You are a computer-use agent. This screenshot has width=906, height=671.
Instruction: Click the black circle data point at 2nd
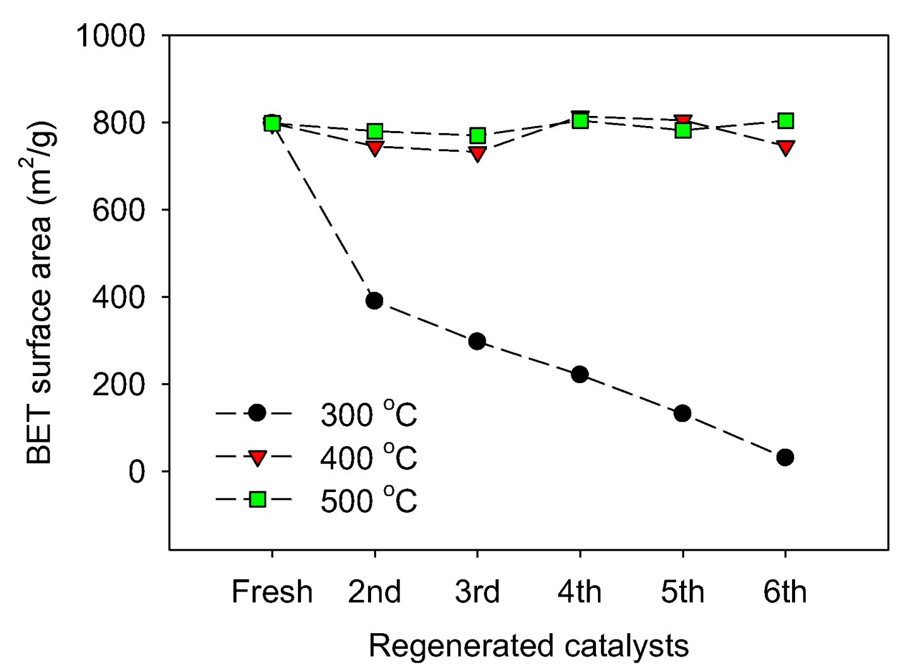tap(374, 301)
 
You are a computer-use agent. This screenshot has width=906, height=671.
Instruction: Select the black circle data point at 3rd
tap(477, 341)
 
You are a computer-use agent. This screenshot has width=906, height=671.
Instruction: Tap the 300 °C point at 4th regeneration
tap(580, 375)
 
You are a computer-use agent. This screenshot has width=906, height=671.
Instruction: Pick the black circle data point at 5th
tap(682, 414)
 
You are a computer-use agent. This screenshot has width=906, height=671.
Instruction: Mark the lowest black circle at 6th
tap(785, 457)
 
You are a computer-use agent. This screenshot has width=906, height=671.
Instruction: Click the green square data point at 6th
tap(785, 121)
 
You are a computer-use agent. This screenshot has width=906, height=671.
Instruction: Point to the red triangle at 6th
tap(785, 148)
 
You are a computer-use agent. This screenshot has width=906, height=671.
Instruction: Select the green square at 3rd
tap(477, 135)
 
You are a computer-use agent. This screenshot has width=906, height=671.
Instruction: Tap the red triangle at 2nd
tap(374, 149)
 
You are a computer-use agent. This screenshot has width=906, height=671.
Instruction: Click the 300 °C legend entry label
tap(369, 415)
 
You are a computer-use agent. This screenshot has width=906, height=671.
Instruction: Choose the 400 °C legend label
tap(369, 457)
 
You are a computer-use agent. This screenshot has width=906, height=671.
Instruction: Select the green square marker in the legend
tap(257, 500)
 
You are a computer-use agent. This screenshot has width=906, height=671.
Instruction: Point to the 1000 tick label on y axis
tap(110, 36)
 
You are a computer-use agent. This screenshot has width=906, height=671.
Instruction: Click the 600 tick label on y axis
tap(119, 210)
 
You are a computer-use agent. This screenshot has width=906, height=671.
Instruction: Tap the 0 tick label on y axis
tap(137, 472)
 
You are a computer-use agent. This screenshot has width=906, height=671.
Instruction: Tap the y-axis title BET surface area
tap(40, 293)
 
